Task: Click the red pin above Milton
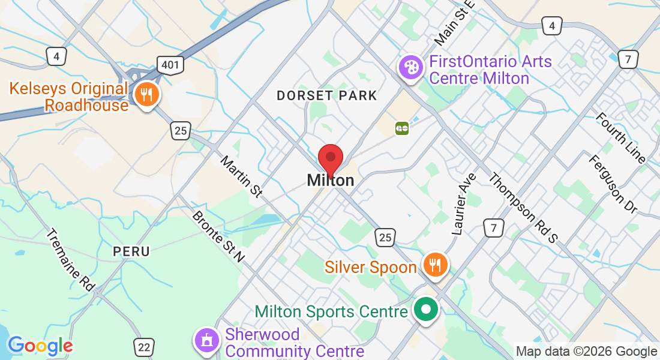330,158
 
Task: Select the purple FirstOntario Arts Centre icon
411,65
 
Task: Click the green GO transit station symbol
401,128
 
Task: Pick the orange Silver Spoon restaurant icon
434,264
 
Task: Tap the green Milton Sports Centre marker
427,310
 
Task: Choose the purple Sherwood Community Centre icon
206,340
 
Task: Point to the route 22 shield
143,347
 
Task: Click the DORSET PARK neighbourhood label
326,95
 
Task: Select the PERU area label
131,251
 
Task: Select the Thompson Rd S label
523,208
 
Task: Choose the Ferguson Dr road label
613,184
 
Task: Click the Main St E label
454,23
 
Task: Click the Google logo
40,346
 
